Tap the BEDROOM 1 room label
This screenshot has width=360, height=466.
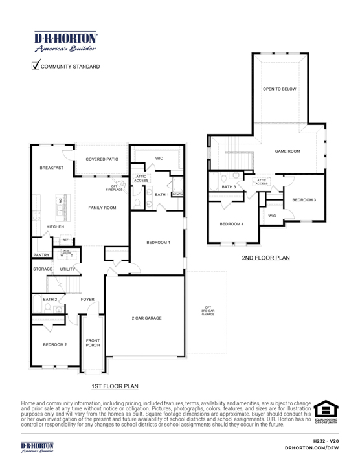(158, 242)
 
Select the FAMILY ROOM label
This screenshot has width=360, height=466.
(102, 208)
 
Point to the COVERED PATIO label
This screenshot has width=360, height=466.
(102, 159)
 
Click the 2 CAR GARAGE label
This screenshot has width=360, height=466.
(146, 318)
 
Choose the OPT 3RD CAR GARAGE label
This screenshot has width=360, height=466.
(208, 310)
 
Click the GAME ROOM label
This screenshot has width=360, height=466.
(287, 151)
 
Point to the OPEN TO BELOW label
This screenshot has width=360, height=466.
(280, 89)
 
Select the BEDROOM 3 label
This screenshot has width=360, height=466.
(304, 200)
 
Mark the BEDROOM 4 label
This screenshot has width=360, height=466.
(232, 223)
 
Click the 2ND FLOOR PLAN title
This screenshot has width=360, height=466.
(266, 258)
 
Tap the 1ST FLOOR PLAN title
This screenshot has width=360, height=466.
(115, 386)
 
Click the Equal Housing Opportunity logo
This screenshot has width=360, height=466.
(326, 412)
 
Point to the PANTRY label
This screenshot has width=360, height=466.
(41, 256)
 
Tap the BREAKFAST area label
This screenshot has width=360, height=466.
(51, 167)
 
